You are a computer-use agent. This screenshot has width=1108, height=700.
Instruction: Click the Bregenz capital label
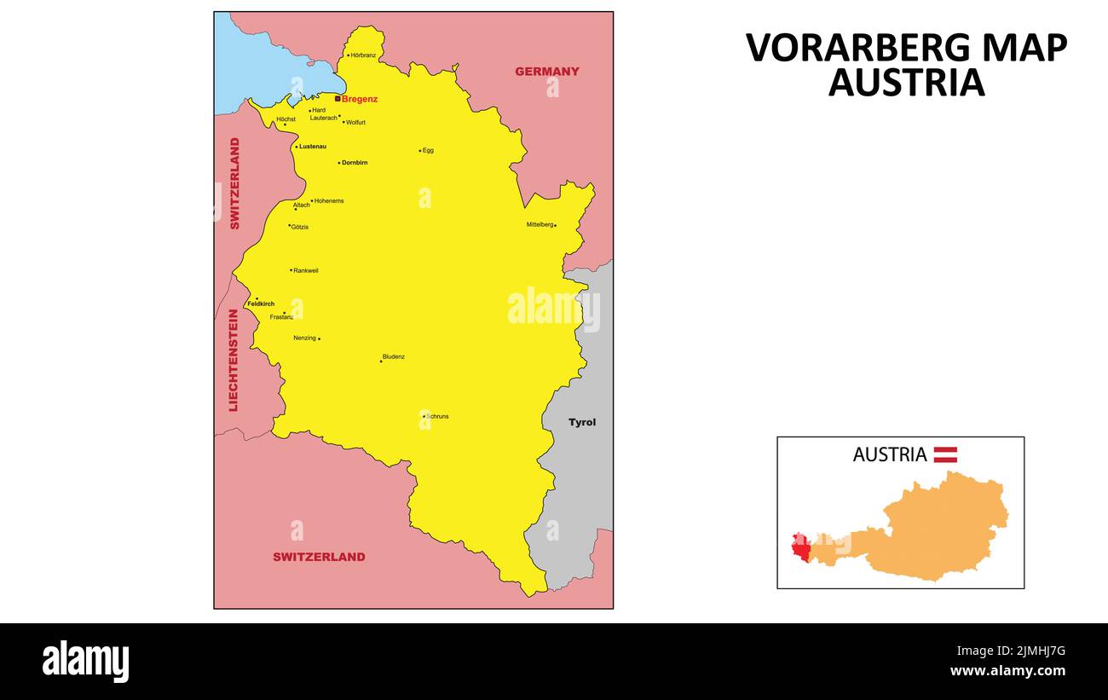coord(359,99)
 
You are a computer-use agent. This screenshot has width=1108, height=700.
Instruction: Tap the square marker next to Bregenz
coord(338,98)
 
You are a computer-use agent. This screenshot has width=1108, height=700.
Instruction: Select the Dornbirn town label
coord(355,162)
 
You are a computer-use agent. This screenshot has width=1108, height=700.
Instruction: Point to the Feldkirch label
coord(261,304)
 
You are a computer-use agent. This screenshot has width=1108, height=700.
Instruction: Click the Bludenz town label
coord(393,356)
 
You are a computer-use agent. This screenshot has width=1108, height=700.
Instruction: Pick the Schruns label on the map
coord(437,416)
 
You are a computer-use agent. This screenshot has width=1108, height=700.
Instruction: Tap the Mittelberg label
coord(540,224)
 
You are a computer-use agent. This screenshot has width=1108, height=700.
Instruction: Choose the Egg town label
coord(428,150)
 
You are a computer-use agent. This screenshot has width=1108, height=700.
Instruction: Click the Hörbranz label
coord(363,55)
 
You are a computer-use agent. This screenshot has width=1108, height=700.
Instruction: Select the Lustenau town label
coord(313,147)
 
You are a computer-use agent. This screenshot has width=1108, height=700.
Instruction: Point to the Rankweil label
coord(306,270)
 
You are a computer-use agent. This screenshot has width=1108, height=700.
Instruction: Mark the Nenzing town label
coord(304,338)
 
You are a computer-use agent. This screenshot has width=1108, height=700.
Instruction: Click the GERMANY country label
coord(546,72)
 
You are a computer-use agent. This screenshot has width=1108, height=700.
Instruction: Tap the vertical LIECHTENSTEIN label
coord(233,360)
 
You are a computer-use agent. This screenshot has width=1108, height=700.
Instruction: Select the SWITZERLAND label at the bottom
coord(319,557)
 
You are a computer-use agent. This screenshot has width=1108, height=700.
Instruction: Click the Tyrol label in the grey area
coord(582,422)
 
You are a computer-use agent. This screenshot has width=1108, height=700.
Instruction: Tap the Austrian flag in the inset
coord(945,454)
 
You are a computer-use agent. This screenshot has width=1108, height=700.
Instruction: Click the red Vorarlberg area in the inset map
coord(800,548)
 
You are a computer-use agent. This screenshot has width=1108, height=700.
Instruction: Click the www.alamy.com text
coord(1007,671)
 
